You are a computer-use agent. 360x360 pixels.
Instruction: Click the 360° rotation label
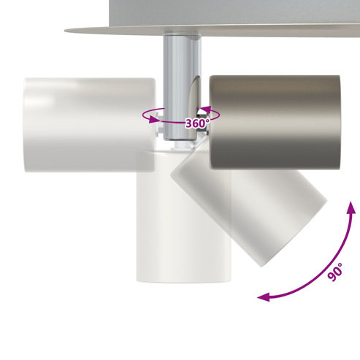[x=197, y=123]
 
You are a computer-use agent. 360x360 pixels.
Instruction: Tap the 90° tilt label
[x=335, y=272]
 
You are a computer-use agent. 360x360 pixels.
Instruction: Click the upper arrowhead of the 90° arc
[x=351, y=207]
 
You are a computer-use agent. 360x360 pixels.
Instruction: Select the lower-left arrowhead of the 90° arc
[x=264, y=297]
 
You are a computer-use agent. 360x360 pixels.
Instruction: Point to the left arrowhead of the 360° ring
[x=153, y=119]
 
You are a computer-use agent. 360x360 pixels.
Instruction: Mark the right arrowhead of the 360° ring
[x=204, y=110]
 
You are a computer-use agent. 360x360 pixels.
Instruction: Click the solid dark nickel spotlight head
[x=275, y=122]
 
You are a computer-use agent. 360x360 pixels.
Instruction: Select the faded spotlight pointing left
[x=89, y=125]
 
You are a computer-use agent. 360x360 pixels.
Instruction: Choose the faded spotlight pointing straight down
[x=184, y=217]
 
